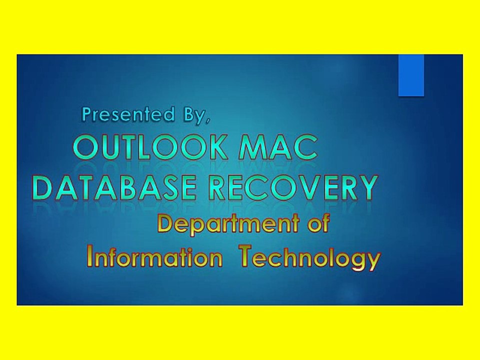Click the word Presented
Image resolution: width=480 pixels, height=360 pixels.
tap(125, 115)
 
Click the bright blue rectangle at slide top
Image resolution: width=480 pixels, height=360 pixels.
tap(411, 75)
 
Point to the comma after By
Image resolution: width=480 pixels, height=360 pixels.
tap(205, 120)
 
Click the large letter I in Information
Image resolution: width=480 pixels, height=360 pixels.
tap(90, 256)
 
